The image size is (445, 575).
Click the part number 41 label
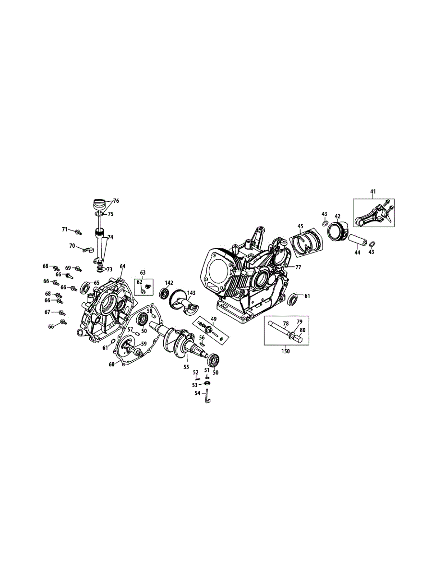click(373, 192)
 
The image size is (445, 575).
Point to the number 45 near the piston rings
click(301, 226)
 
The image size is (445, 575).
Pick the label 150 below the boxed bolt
click(286, 351)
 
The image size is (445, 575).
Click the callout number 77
click(298, 267)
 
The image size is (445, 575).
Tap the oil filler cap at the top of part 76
click(98, 203)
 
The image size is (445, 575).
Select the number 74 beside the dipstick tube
click(110, 237)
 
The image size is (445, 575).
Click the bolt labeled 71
click(78, 232)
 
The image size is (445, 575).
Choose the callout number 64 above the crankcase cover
click(122, 266)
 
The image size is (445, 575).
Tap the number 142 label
click(169, 283)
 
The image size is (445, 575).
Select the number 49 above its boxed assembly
click(214, 319)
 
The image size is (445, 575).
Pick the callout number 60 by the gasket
click(111, 364)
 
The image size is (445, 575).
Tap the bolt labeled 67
click(62, 313)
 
